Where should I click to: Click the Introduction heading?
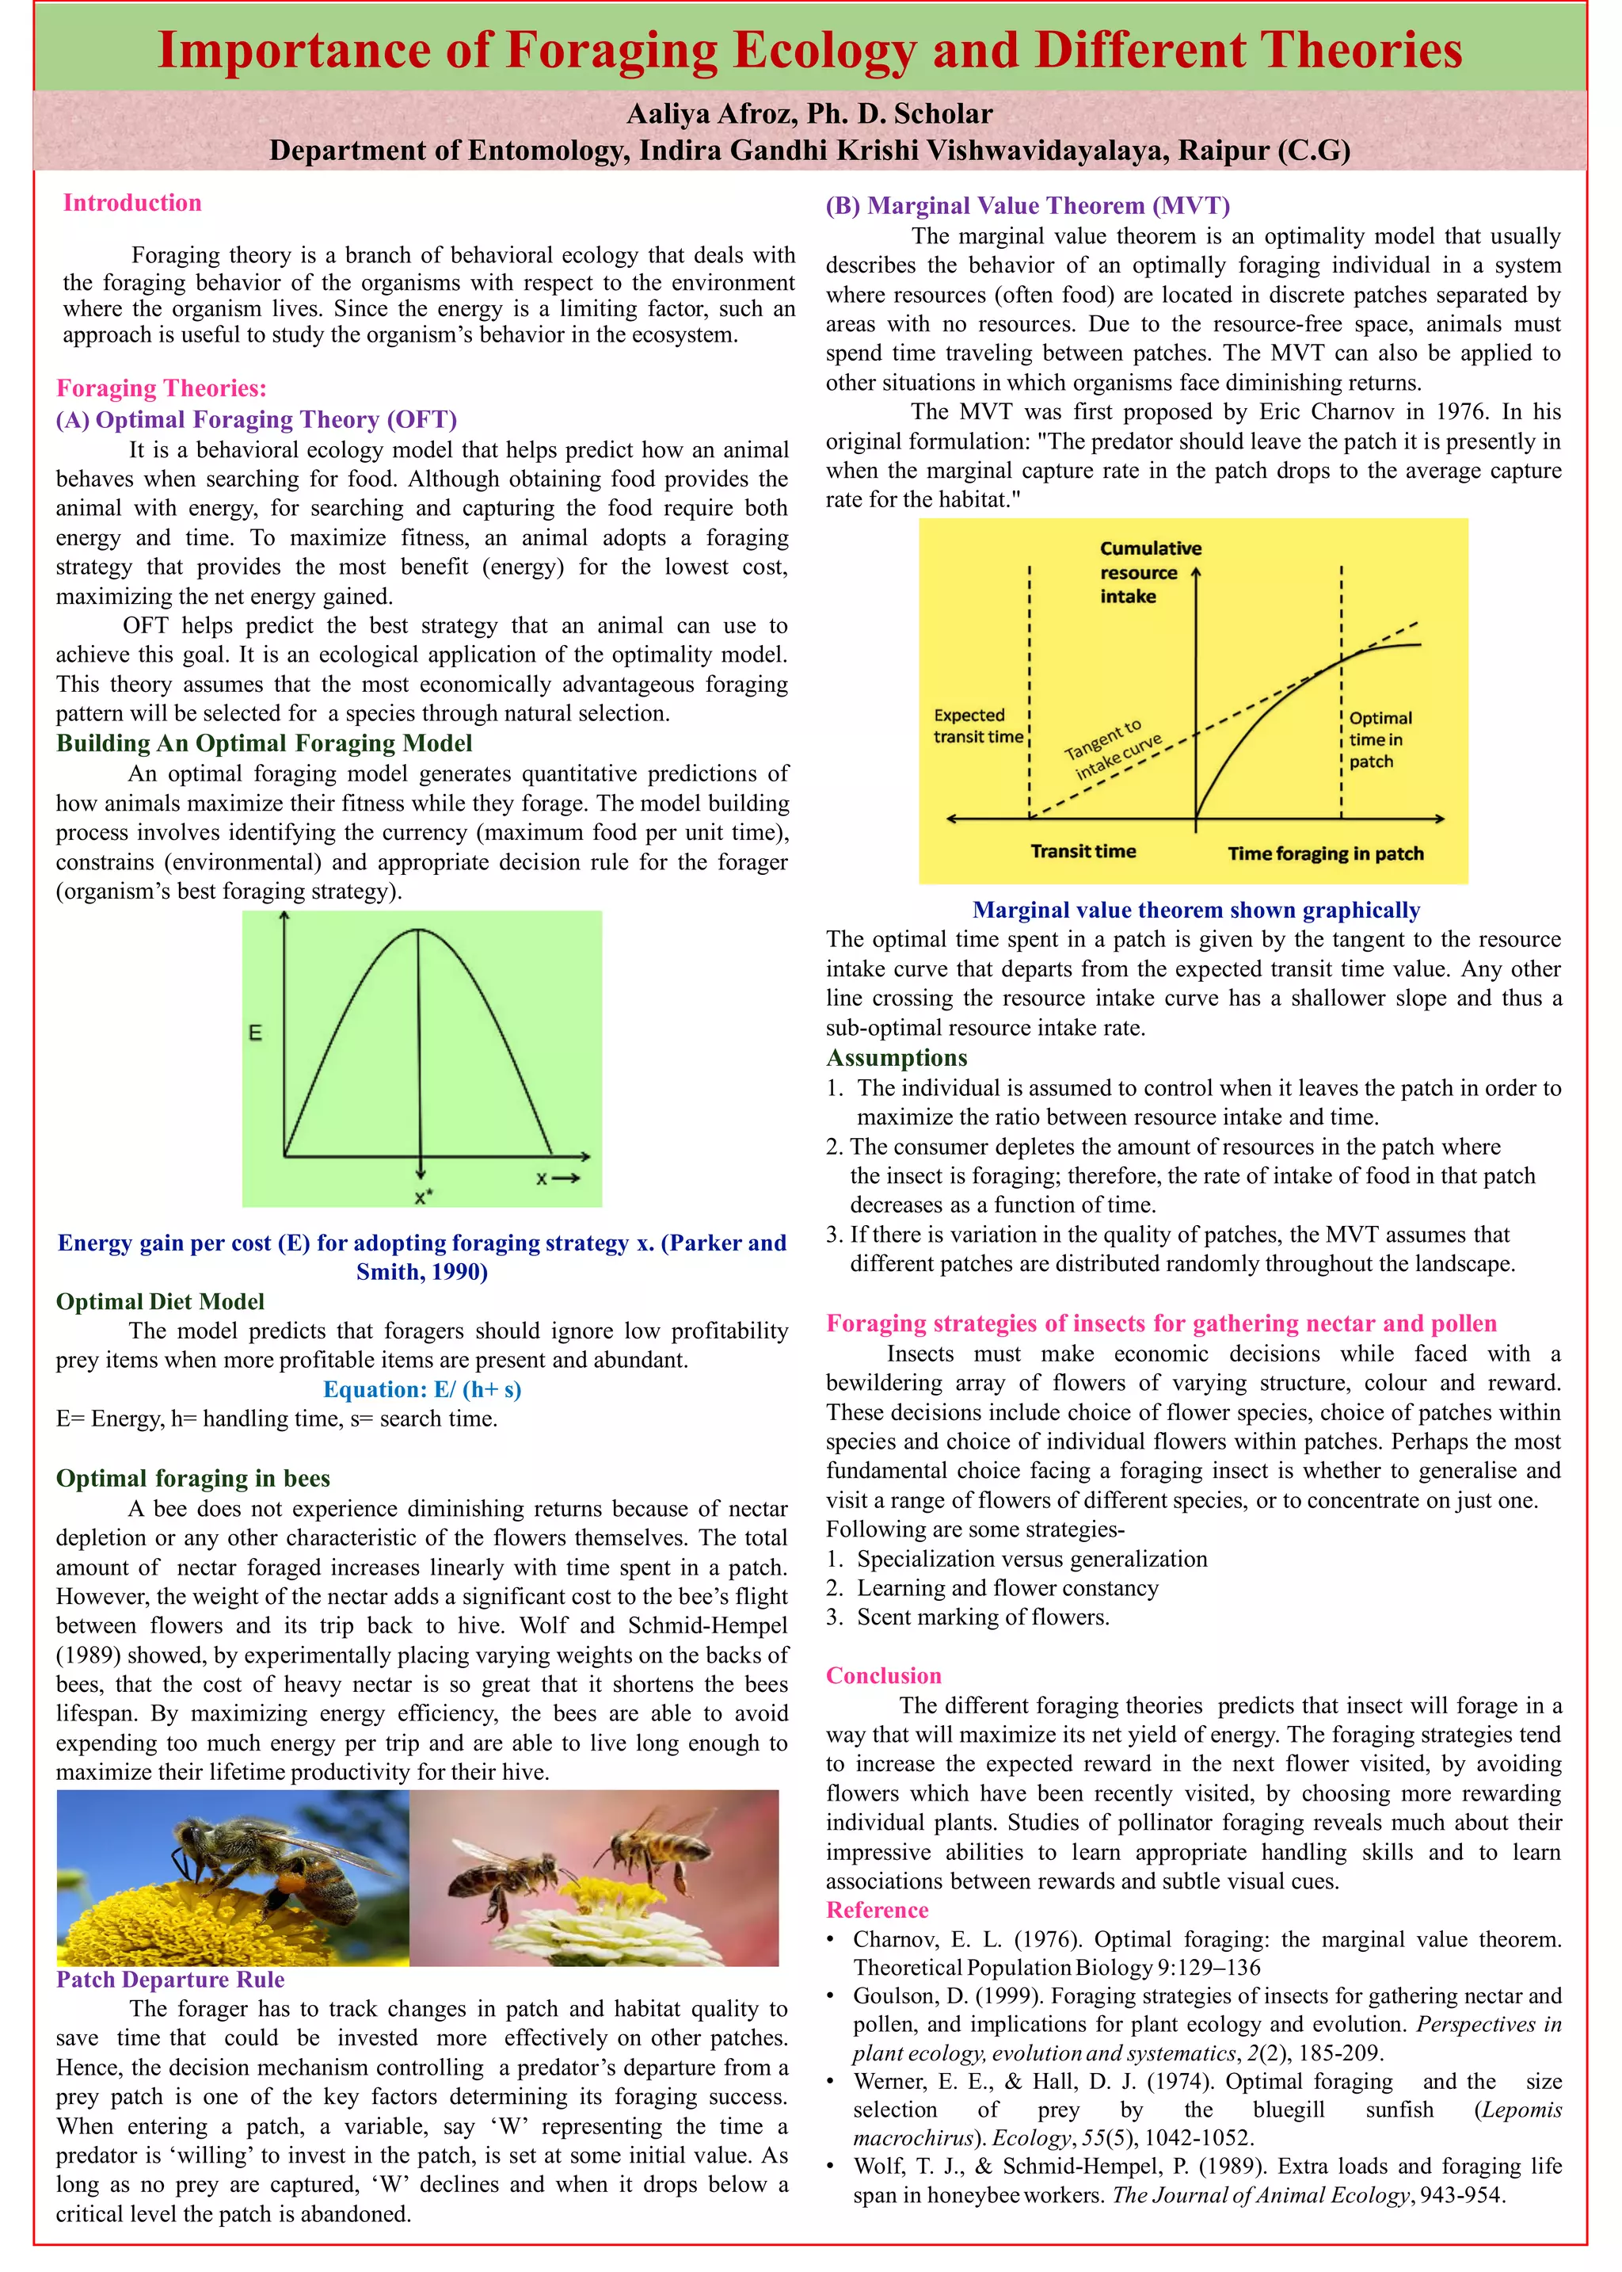(131, 203)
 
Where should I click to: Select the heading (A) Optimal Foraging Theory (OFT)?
(257, 420)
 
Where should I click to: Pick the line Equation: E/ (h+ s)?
(421, 1390)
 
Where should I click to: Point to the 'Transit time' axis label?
(1083, 851)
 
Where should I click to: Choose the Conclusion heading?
(883, 1675)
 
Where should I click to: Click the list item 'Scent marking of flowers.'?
(982, 1617)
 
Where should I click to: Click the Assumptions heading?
(896, 1058)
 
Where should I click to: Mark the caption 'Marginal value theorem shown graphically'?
(1196, 911)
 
